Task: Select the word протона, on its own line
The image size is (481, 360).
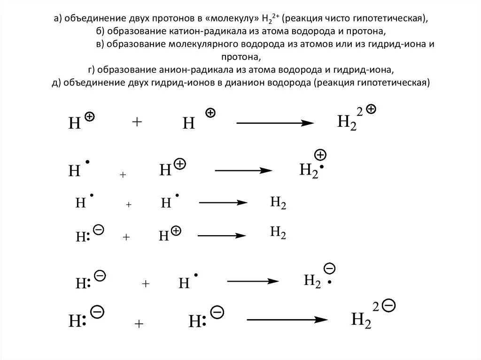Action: coord(240,57)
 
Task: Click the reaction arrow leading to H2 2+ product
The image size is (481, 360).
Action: coord(275,123)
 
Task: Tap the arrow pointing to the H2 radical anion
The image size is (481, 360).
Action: coord(254,281)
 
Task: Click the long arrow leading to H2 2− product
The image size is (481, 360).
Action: coord(287,320)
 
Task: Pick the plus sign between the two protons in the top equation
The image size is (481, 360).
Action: coord(137,122)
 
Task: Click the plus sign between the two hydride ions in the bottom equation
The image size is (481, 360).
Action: coord(139,324)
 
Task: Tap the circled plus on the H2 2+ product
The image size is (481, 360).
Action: coord(371,109)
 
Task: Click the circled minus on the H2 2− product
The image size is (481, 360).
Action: coord(389,306)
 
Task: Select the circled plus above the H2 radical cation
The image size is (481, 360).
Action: coord(320,155)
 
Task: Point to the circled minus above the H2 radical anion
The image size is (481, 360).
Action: coord(330,268)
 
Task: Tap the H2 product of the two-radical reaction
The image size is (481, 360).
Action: coord(278,203)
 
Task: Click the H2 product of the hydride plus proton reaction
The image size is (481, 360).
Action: coord(278,232)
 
